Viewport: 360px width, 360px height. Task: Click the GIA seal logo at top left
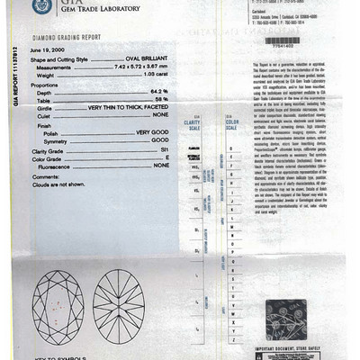click(x=40, y=6)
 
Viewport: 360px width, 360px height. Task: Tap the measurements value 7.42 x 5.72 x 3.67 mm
click(x=135, y=67)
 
